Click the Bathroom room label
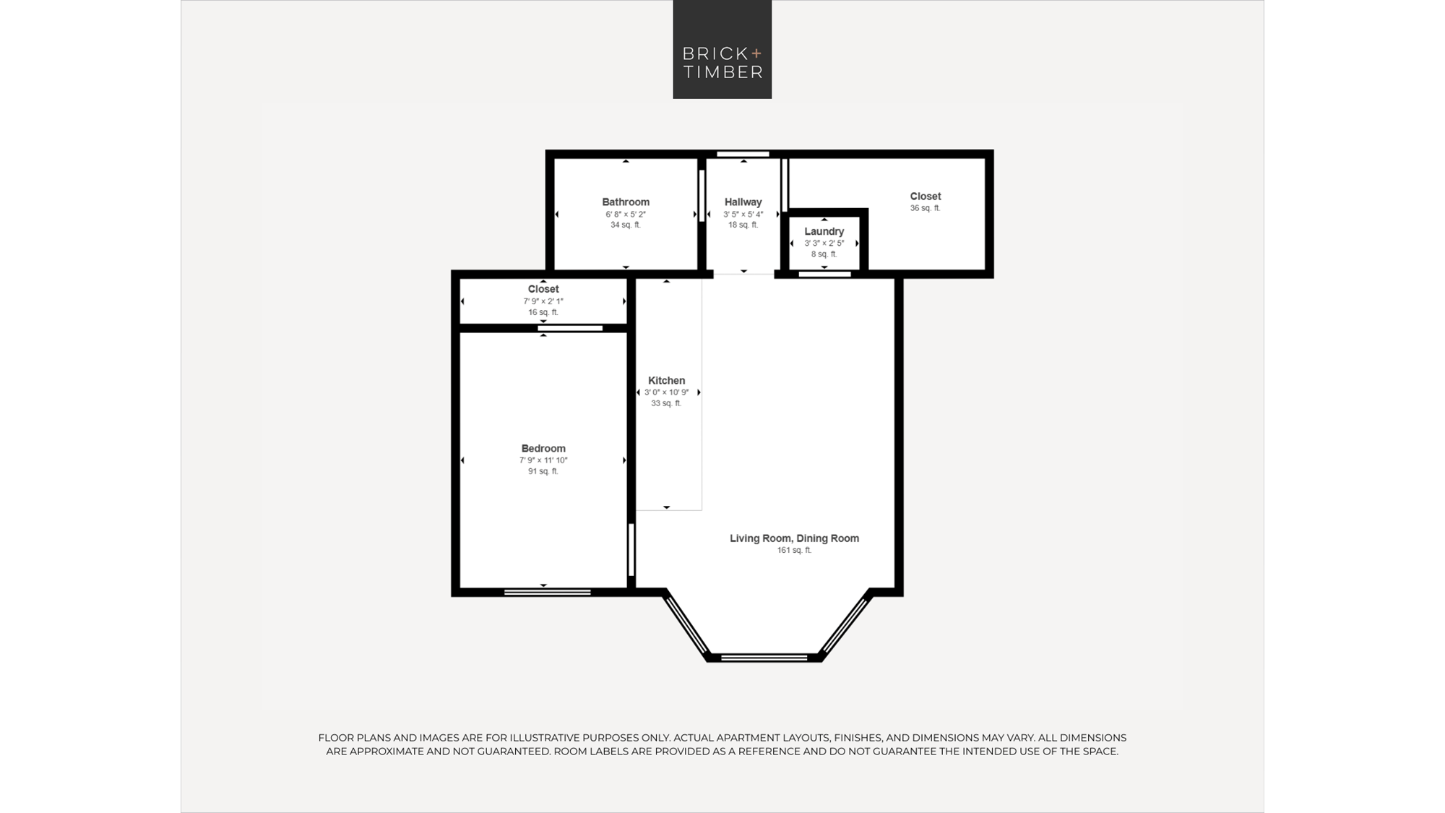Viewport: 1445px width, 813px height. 626,202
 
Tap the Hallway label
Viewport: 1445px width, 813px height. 743,202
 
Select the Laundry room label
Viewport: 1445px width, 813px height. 824,231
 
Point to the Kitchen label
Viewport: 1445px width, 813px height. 666,380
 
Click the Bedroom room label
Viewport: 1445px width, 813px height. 543,448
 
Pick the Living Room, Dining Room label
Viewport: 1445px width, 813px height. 794,538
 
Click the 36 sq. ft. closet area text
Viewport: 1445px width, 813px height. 925,208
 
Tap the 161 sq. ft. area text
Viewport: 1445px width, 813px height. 794,550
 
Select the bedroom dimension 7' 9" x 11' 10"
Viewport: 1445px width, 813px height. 543,460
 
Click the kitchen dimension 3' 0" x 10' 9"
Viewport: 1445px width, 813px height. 666,392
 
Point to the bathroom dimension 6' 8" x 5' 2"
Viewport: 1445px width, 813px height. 626,215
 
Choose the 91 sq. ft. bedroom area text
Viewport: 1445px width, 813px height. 543,471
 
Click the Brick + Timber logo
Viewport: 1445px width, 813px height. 722,49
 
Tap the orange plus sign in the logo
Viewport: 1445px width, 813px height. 756,53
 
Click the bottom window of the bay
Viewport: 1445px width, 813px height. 764,658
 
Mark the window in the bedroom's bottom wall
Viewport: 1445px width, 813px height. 547,593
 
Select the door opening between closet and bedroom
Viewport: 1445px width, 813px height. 570,328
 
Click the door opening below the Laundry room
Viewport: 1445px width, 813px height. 824,274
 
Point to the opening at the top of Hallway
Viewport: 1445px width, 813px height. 743,154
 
